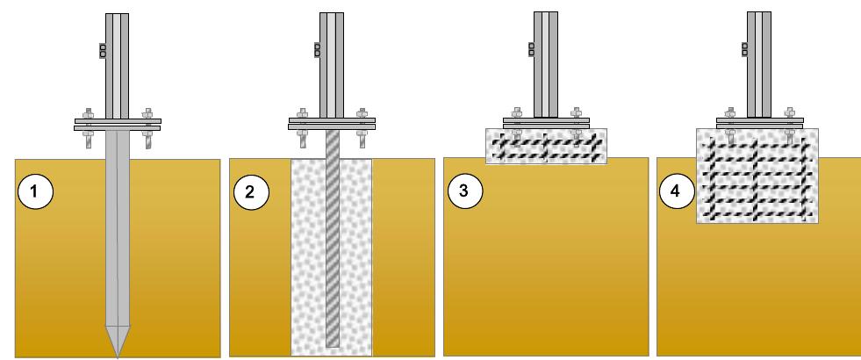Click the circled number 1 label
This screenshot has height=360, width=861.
35,191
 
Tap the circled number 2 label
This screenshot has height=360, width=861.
251,192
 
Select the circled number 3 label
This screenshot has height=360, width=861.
465,191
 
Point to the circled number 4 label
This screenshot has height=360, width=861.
677,191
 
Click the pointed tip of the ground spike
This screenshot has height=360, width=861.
118,357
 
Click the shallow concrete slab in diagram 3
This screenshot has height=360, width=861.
547,147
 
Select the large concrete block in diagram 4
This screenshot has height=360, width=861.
757,176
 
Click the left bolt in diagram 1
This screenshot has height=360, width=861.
88,128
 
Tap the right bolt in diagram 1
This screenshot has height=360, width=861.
147,128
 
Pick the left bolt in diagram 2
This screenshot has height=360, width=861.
302,128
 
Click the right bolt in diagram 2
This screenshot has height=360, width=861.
362,128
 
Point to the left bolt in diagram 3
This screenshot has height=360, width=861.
517,124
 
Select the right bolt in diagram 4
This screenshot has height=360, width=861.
790,124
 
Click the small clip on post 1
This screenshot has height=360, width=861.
102,51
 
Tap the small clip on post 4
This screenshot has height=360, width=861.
744,49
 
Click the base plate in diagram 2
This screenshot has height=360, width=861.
333,124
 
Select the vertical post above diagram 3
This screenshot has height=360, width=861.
546,65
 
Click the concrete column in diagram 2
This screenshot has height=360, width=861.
332,257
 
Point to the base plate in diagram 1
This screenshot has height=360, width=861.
118,124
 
